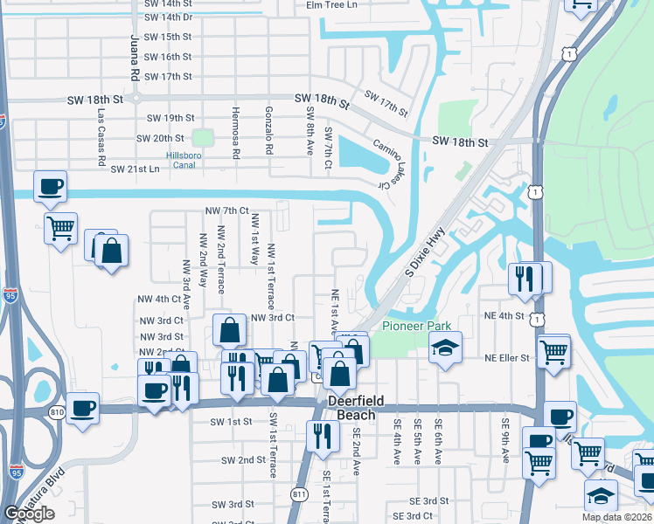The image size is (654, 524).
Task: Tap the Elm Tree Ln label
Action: click(x=331, y=4)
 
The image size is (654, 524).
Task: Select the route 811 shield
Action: click(x=300, y=494)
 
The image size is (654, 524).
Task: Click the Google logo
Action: click(x=29, y=514)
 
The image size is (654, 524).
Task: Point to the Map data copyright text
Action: click(x=616, y=517)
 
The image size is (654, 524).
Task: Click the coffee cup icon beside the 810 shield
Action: click(x=83, y=407)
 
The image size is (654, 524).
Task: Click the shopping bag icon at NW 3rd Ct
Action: click(x=228, y=330)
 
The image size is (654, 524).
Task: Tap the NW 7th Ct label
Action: click(x=227, y=210)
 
